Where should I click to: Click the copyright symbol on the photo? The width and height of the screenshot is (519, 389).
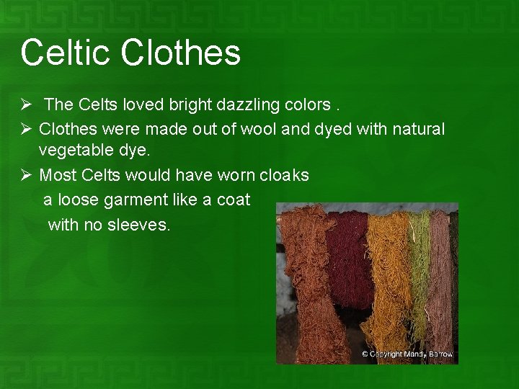(x=365, y=354)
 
